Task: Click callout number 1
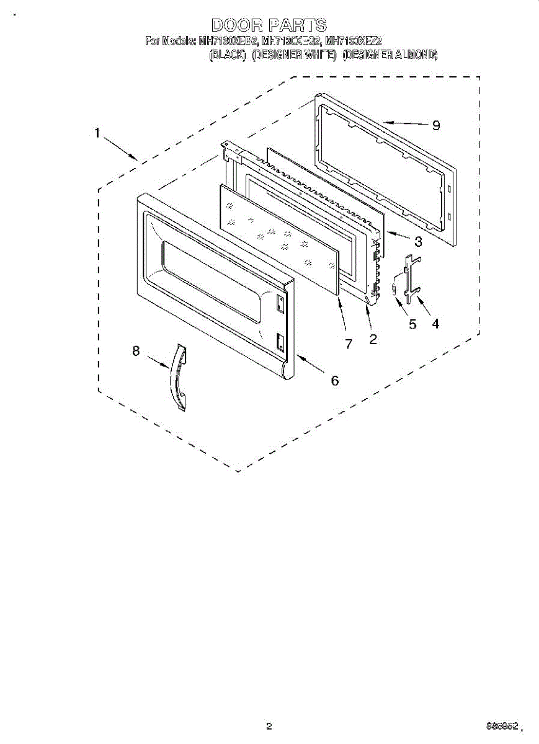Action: click(x=97, y=133)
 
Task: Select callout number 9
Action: click(x=436, y=126)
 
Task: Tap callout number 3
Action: click(x=419, y=241)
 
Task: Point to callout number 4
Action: click(x=435, y=323)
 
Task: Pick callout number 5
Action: click(x=412, y=324)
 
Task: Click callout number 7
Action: click(x=349, y=344)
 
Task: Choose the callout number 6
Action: click(x=335, y=380)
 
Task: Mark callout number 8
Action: click(x=136, y=351)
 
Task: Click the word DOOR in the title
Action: click(x=236, y=25)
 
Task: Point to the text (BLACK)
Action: click(x=229, y=55)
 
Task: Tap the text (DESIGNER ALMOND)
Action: click(x=390, y=55)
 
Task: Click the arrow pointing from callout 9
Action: click(x=403, y=123)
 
